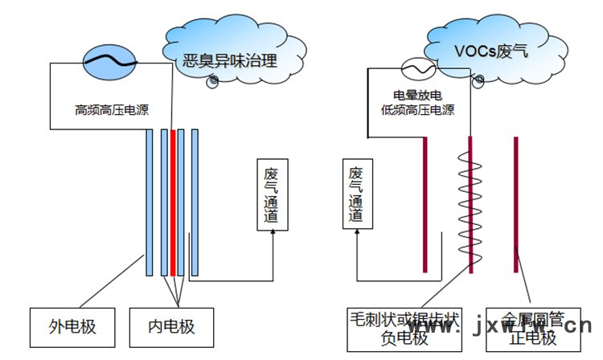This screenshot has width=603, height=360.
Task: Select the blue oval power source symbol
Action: pyautogui.click(x=111, y=60)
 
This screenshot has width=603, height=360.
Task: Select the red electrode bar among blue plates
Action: pyautogui.click(x=172, y=201)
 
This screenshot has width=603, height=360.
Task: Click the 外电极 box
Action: pyautogui.click(x=72, y=328)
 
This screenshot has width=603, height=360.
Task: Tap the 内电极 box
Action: pyautogui.click(x=171, y=328)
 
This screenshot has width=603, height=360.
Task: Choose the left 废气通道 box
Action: pyautogui.click(x=273, y=196)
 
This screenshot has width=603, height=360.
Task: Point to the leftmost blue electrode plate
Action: pyautogui.click(x=150, y=201)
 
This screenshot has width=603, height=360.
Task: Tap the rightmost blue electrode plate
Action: pyautogui.click(x=195, y=201)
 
